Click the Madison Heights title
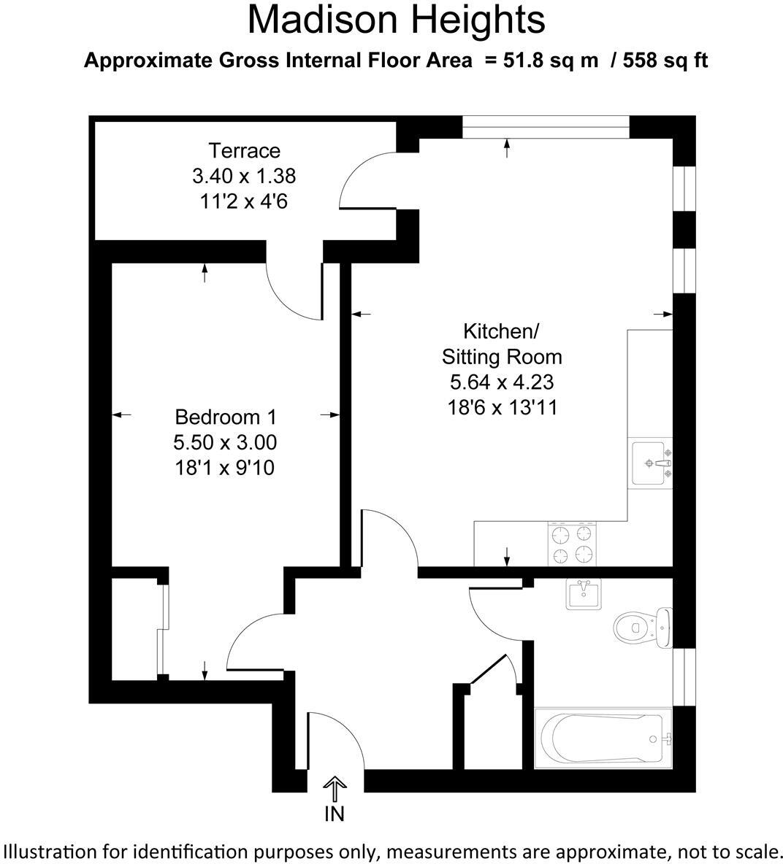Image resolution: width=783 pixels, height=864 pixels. coord(396,20)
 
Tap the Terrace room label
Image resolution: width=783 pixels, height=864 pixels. coord(244,151)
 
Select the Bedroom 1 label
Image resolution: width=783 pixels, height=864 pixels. coord(226,417)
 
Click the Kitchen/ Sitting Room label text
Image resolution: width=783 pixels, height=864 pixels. coord(502,344)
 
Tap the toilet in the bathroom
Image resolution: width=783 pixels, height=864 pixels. coord(641,626)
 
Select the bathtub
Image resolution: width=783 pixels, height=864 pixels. coord(603,738)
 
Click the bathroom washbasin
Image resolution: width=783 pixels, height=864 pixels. coord(584,594)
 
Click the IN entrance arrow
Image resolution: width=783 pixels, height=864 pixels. coord(335,788)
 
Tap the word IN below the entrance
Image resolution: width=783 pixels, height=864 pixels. coord(335,814)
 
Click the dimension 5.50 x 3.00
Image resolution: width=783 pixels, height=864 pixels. coord(225,442)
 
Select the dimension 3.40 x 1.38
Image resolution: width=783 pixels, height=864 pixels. coord(244,176)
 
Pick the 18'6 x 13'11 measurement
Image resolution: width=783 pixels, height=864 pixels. coord(502,407)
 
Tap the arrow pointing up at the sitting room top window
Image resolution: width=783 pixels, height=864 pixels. coord(507,148)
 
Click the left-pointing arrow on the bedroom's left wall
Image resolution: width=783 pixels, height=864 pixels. coord(121,415)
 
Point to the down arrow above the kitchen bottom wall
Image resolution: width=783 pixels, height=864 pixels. coord(506,556)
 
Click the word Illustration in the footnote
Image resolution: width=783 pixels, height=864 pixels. coord(49,851)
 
